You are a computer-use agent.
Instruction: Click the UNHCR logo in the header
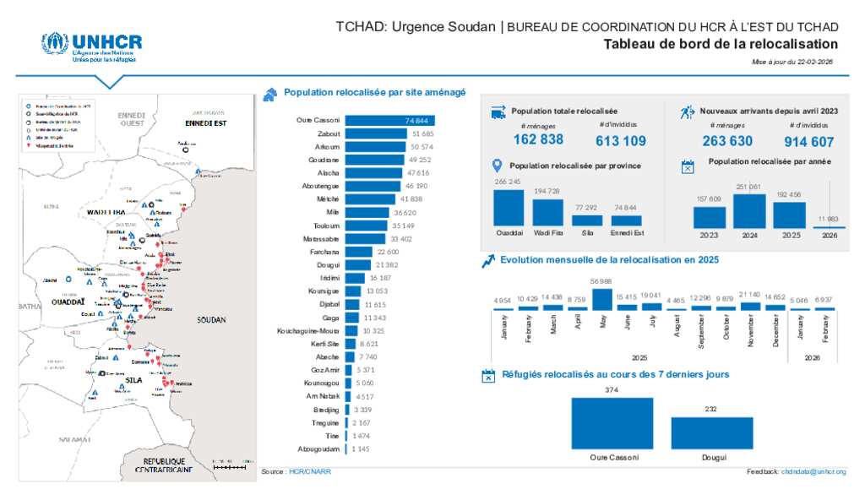click(91, 46)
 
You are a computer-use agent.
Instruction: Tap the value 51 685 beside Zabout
click(422, 133)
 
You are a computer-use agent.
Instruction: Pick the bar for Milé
click(367, 211)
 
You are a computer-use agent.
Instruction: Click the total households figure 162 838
click(538, 140)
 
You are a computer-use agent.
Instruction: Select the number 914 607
click(808, 142)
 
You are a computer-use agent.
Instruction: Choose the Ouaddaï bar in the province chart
click(509, 207)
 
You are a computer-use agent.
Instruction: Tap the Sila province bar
click(587, 220)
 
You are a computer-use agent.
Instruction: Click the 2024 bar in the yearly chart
click(749, 211)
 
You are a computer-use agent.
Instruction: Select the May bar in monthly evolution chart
click(601, 300)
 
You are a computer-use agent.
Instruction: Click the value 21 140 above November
click(749, 294)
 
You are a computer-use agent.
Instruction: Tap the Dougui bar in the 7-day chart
click(711, 432)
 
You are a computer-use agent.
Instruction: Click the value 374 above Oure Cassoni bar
click(612, 389)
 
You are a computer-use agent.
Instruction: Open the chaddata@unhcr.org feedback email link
click(813, 471)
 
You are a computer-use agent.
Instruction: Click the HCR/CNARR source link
click(309, 471)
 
